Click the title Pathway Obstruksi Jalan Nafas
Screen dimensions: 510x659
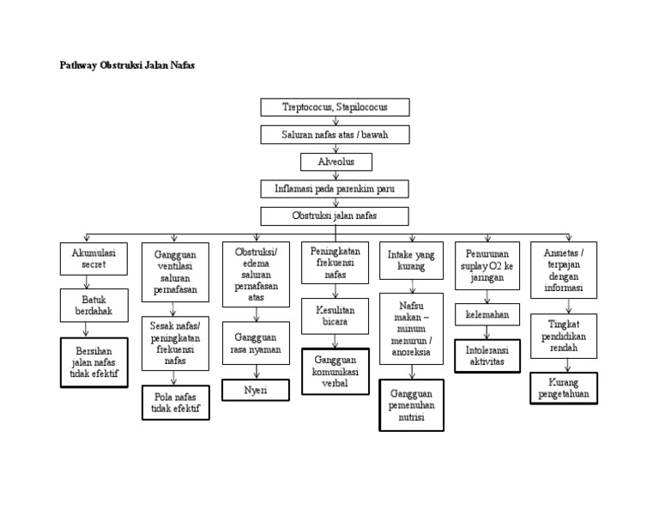[x=126, y=65]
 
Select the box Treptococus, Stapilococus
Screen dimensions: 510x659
[x=335, y=107]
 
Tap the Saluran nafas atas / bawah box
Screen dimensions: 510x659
[x=335, y=135]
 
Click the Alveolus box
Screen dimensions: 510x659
[x=336, y=161]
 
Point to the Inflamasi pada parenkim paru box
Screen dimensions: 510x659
[x=335, y=188]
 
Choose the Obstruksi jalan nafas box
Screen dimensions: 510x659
[x=335, y=216]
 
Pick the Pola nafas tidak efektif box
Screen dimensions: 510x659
[x=175, y=402]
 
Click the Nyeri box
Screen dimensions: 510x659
[x=255, y=390]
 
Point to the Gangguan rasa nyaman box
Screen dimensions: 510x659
[x=255, y=343]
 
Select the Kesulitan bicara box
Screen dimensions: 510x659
[x=335, y=315]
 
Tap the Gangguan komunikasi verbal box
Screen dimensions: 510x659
[x=335, y=371]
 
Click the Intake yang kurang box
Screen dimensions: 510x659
[x=412, y=260]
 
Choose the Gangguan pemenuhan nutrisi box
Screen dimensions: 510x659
[x=412, y=404]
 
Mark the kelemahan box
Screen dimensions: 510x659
[x=487, y=314]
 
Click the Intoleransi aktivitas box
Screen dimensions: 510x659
[x=487, y=355]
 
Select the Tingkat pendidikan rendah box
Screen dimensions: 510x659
[x=564, y=336]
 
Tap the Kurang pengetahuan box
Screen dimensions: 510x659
[x=564, y=388]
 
